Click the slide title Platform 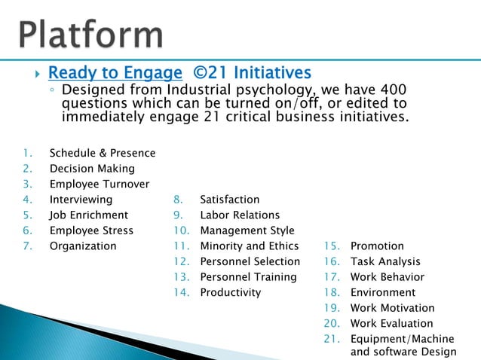[x=91, y=34]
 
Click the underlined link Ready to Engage [x=115, y=73]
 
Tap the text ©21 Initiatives [x=252, y=73]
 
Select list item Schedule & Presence [x=102, y=153]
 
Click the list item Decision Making [x=92, y=169]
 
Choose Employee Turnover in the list [x=99, y=185]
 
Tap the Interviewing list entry [x=81, y=200]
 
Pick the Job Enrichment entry [x=89, y=215]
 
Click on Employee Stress [x=91, y=230]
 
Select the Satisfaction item [x=229, y=200]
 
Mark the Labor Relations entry [x=240, y=215]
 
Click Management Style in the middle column [x=247, y=230]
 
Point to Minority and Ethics [x=249, y=246]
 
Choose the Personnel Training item [x=248, y=277]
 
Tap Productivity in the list [x=230, y=292]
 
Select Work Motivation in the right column [x=392, y=308]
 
